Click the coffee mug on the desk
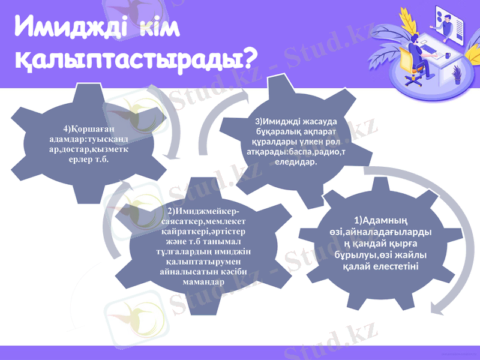(447, 55)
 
